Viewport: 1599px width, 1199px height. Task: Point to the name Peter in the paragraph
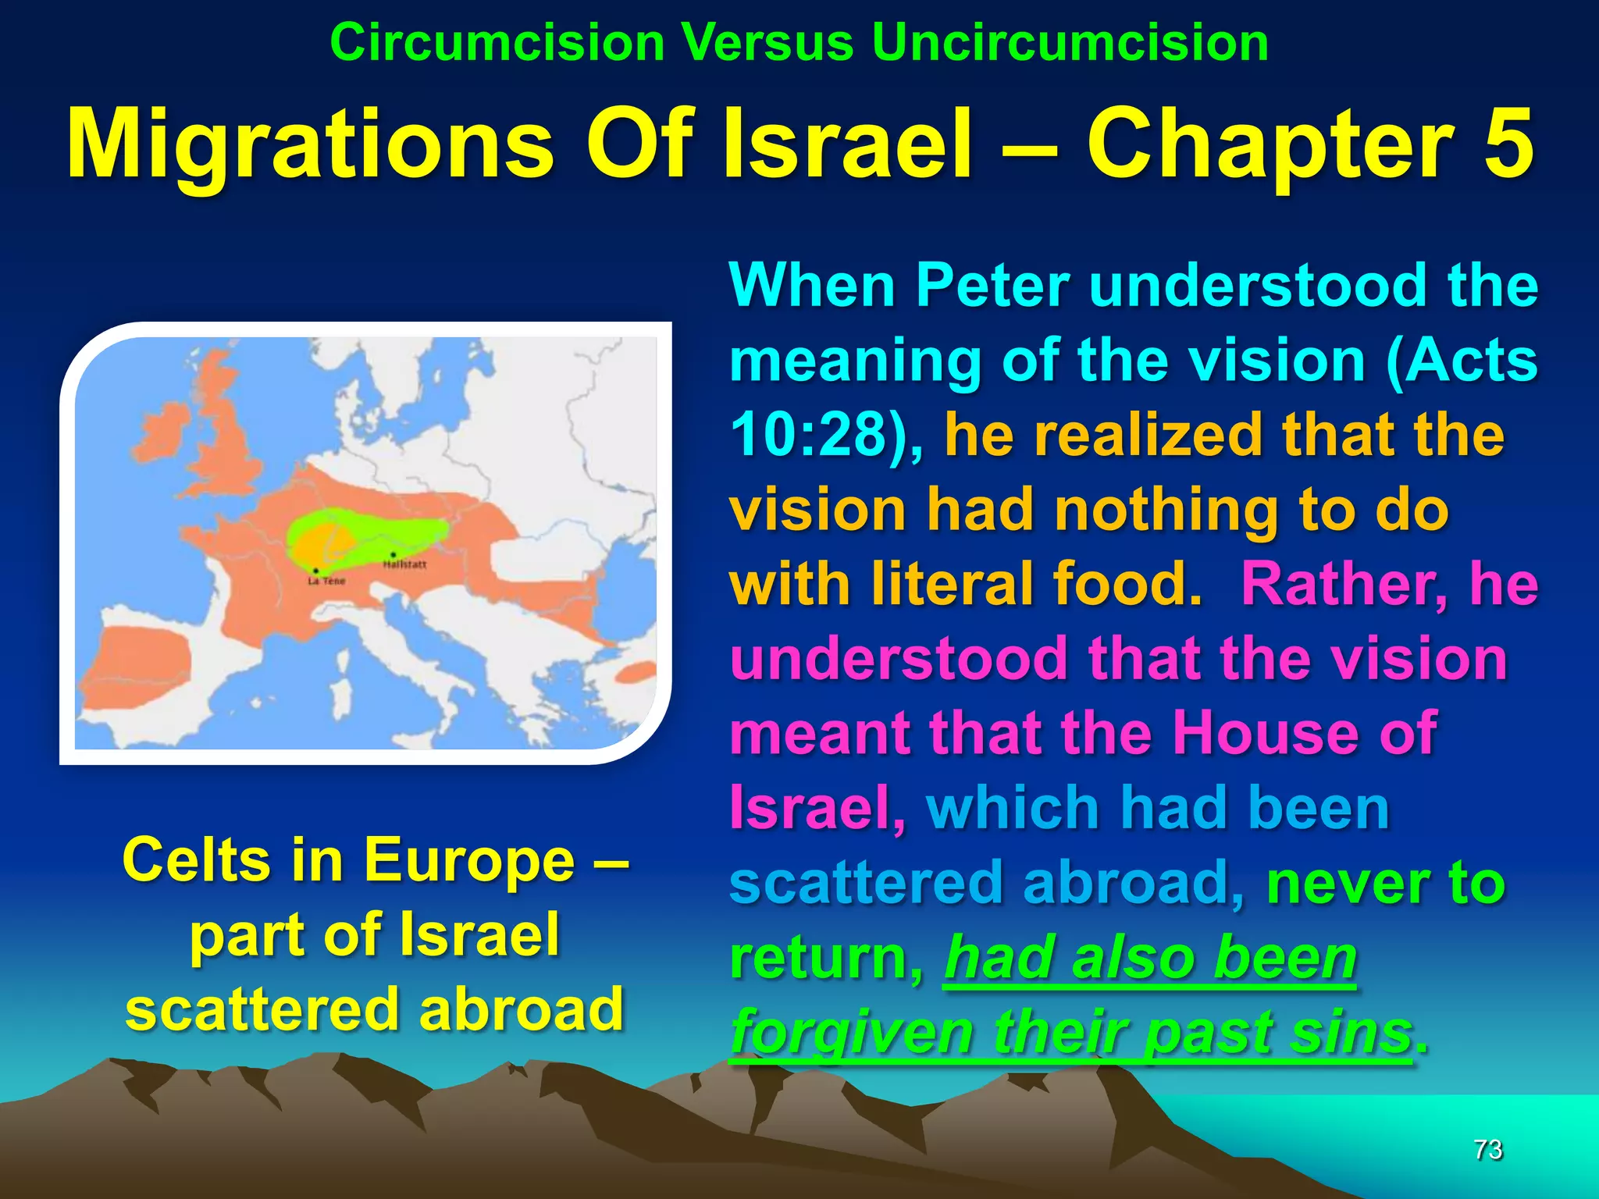pyautogui.click(x=992, y=286)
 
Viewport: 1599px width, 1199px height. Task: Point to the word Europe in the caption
pyautogui.click(x=469, y=860)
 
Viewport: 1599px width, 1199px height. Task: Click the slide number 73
pyautogui.click(x=1487, y=1150)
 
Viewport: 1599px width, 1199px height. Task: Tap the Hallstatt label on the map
pyautogui.click(x=404, y=564)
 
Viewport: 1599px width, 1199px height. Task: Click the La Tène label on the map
pyautogui.click(x=326, y=581)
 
